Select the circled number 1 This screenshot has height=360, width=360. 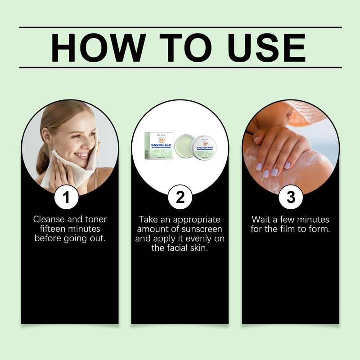pyautogui.click(x=66, y=197)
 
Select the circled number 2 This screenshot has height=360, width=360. pyautogui.click(x=180, y=197)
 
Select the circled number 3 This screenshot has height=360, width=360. pyautogui.click(x=291, y=197)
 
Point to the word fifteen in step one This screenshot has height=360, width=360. pyautogui.click(x=50, y=229)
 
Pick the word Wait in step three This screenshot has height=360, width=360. pyautogui.click(x=261, y=220)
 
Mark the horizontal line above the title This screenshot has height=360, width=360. pyautogui.click(x=180, y=27)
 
